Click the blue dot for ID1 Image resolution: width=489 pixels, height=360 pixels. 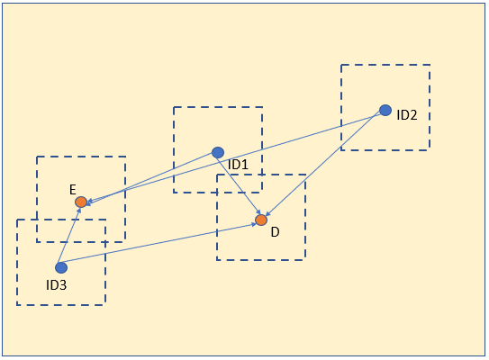[x=218, y=153]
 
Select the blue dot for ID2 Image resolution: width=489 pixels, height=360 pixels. [x=385, y=110]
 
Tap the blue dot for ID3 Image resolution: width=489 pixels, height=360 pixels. [x=61, y=267]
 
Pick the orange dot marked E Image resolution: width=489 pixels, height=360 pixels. [x=81, y=202]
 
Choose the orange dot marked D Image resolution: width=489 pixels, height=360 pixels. [x=261, y=220]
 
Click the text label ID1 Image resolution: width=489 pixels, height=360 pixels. [x=238, y=165]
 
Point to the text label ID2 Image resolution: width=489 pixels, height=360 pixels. [x=407, y=115]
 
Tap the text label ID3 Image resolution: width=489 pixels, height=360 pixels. [x=57, y=285]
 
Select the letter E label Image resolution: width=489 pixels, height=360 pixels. [x=73, y=190]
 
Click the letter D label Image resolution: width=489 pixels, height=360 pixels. [x=275, y=232]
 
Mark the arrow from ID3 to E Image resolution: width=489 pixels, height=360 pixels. [x=69, y=235]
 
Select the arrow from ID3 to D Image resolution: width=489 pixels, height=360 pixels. [x=158, y=243]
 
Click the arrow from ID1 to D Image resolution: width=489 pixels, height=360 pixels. [x=239, y=184]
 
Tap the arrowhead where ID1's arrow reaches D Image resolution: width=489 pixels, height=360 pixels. [x=258, y=212]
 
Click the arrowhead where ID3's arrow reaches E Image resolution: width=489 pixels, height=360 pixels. [x=79, y=210]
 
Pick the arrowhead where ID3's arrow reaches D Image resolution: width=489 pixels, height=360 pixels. [x=254, y=224]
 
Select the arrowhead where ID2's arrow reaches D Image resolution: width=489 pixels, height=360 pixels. [x=267, y=214]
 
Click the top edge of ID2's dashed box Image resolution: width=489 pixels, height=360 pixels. [x=385, y=65]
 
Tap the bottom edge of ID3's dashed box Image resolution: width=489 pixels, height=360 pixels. [x=61, y=304]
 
